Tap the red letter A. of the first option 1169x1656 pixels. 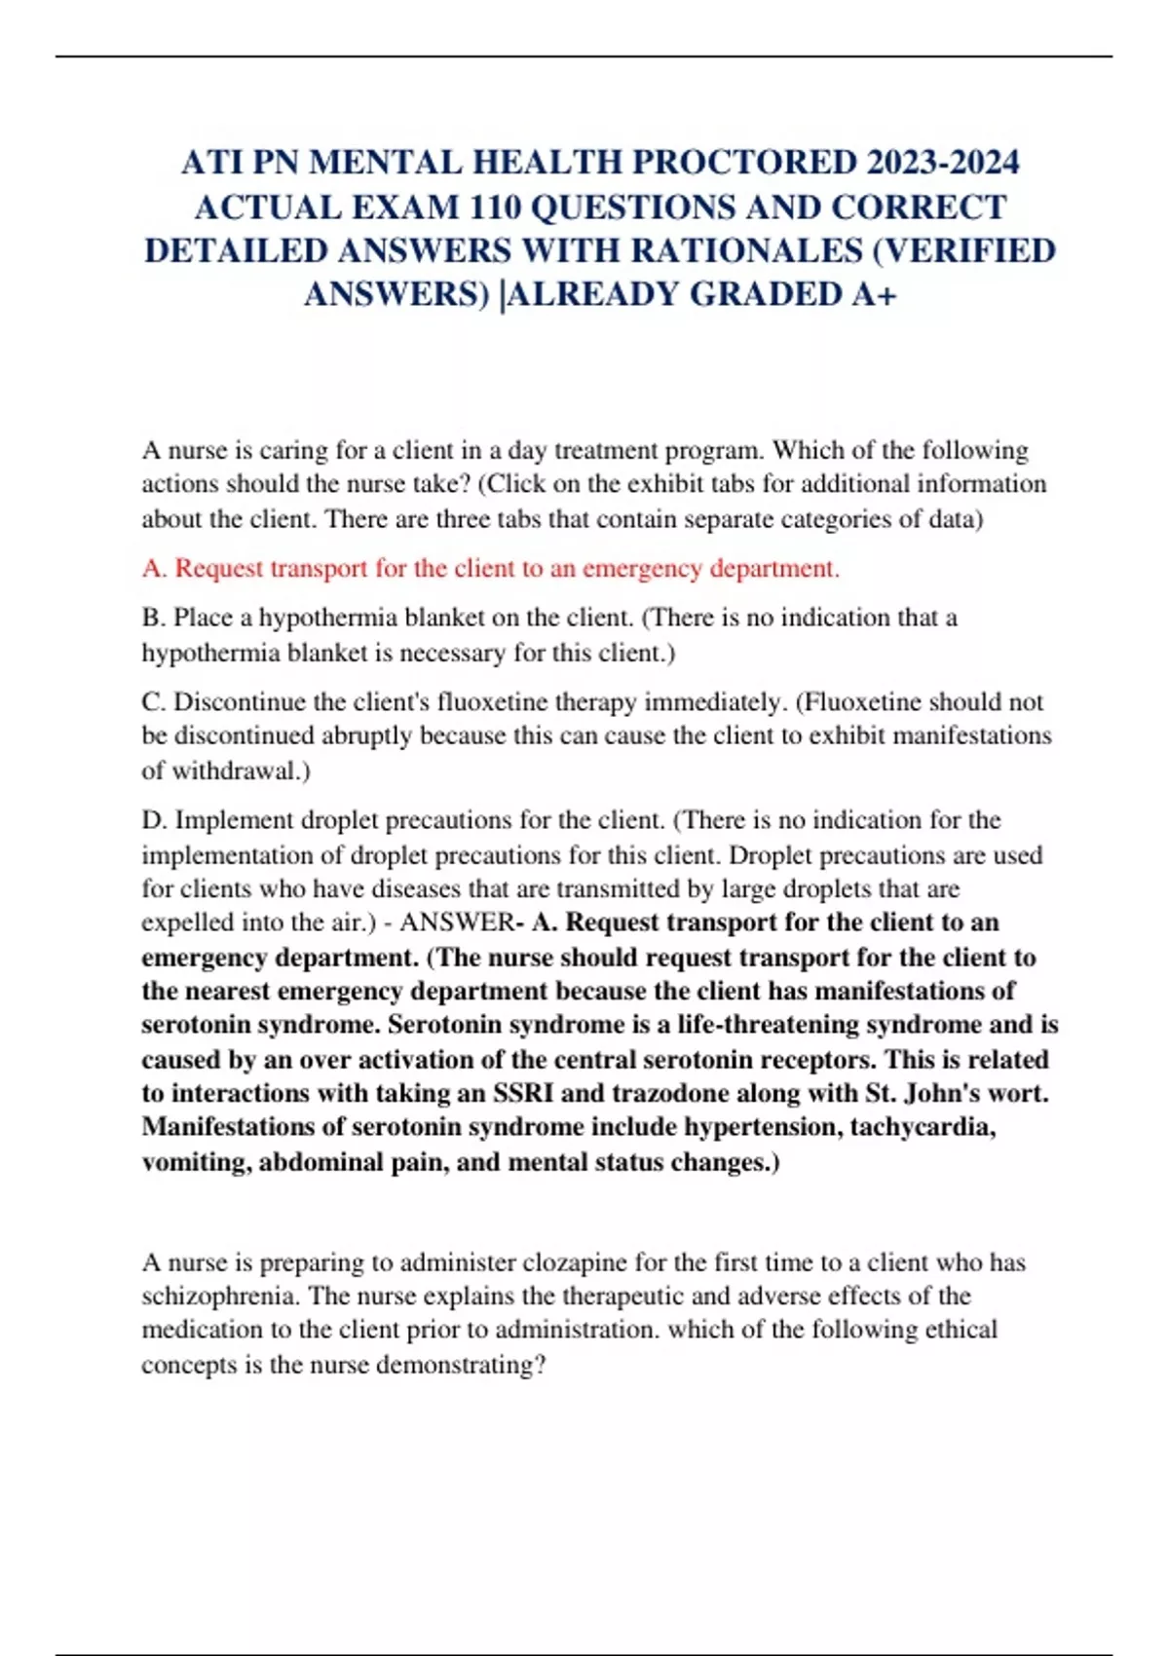pos(155,568)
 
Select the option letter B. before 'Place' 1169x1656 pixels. pos(154,618)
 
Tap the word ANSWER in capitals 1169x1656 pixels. pos(456,922)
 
